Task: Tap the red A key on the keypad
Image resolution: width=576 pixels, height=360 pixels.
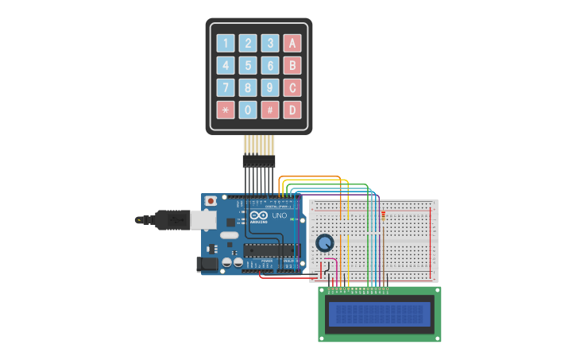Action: click(x=292, y=44)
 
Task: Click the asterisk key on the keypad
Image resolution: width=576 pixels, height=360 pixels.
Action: click(x=226, y=110)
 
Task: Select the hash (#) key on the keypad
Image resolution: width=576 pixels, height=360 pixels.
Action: click(x=270, y=110)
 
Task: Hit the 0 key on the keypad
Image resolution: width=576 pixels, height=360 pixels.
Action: click(x=249, y=110)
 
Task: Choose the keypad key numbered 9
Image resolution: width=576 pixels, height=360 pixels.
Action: click(x=270, y=87)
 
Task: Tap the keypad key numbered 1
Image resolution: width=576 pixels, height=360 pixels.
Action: click(x=226, y=44)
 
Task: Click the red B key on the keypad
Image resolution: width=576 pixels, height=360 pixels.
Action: click(x=292, y=66)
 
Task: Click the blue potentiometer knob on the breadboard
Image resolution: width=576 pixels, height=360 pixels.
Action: click(x=324, y=242)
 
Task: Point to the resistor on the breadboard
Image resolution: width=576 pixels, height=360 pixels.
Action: click(x=383, y=215)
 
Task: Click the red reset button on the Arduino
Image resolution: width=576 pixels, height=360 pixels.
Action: click(x=211, y=201)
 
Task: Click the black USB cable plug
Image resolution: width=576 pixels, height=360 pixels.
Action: click(x=172, y=219)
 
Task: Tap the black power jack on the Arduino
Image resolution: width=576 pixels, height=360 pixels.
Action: click(x=207, y=263)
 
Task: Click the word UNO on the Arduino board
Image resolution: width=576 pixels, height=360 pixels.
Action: click(x=279, y=215)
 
